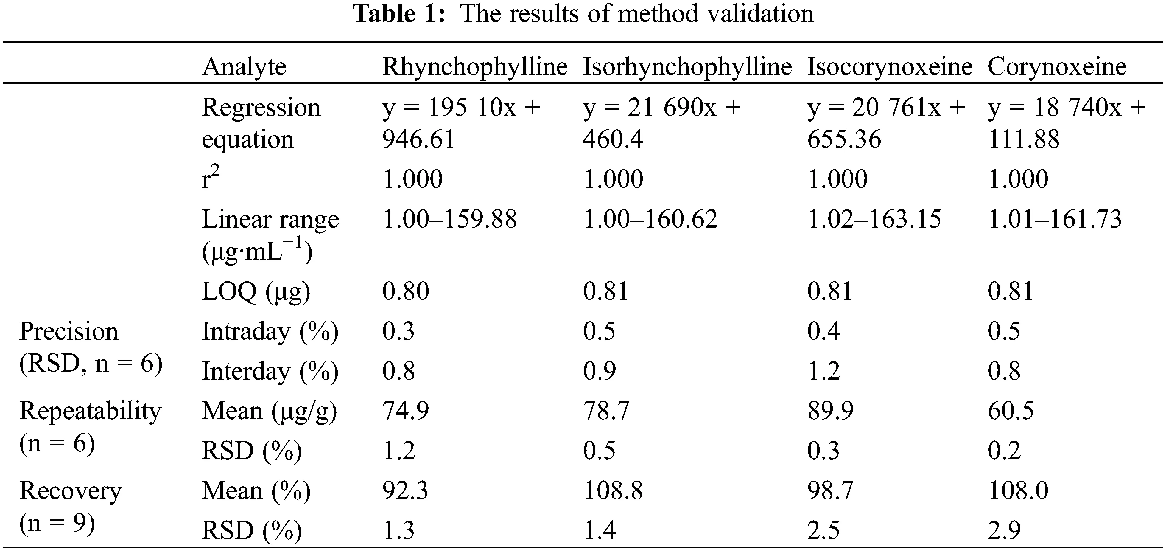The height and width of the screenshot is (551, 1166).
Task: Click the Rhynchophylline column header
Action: click(474, 67)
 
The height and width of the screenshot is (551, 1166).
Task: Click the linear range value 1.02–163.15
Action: click(874, 219)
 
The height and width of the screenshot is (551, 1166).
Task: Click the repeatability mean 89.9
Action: click(830, 411)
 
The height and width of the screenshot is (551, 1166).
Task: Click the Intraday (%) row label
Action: click(270, 331)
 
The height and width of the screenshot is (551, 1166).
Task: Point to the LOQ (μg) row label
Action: click(256, 291)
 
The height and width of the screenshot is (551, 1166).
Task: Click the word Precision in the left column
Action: click(69, 331)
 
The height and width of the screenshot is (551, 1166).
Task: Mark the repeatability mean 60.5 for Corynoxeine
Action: click(1011, 411)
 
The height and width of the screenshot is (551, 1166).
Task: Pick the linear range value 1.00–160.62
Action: click(650, 219)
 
